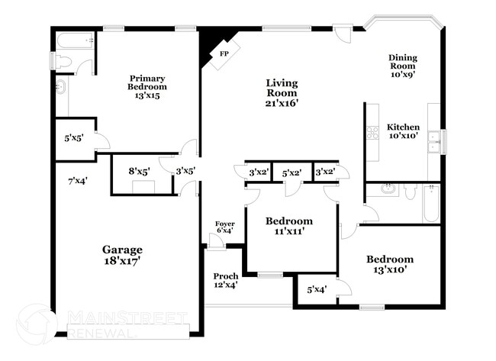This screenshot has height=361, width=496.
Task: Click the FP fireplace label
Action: tap(224, 54)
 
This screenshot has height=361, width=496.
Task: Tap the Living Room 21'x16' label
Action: tap(282, 92)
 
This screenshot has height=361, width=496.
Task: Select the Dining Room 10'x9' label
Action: tap(403, 66)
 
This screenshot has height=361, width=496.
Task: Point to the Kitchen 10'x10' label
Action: tap(402, 131)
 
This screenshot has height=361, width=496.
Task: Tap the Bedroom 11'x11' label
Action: tap(289, 226)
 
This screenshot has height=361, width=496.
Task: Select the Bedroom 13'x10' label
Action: tap(389, 263)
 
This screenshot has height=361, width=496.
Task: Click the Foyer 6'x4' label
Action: tap(224, 227)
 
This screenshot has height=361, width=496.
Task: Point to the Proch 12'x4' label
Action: tap(226, 280)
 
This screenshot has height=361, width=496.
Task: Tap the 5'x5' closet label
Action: tap(74, 139)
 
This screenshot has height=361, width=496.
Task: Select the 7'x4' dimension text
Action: tap(76, 181)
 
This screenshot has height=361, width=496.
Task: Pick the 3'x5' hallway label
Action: tap(185, 172)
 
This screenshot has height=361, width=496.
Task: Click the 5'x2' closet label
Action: tap(291, 173)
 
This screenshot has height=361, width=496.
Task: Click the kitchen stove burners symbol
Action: tap(373, 133)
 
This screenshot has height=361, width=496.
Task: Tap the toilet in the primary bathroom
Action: tap(63, 61)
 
